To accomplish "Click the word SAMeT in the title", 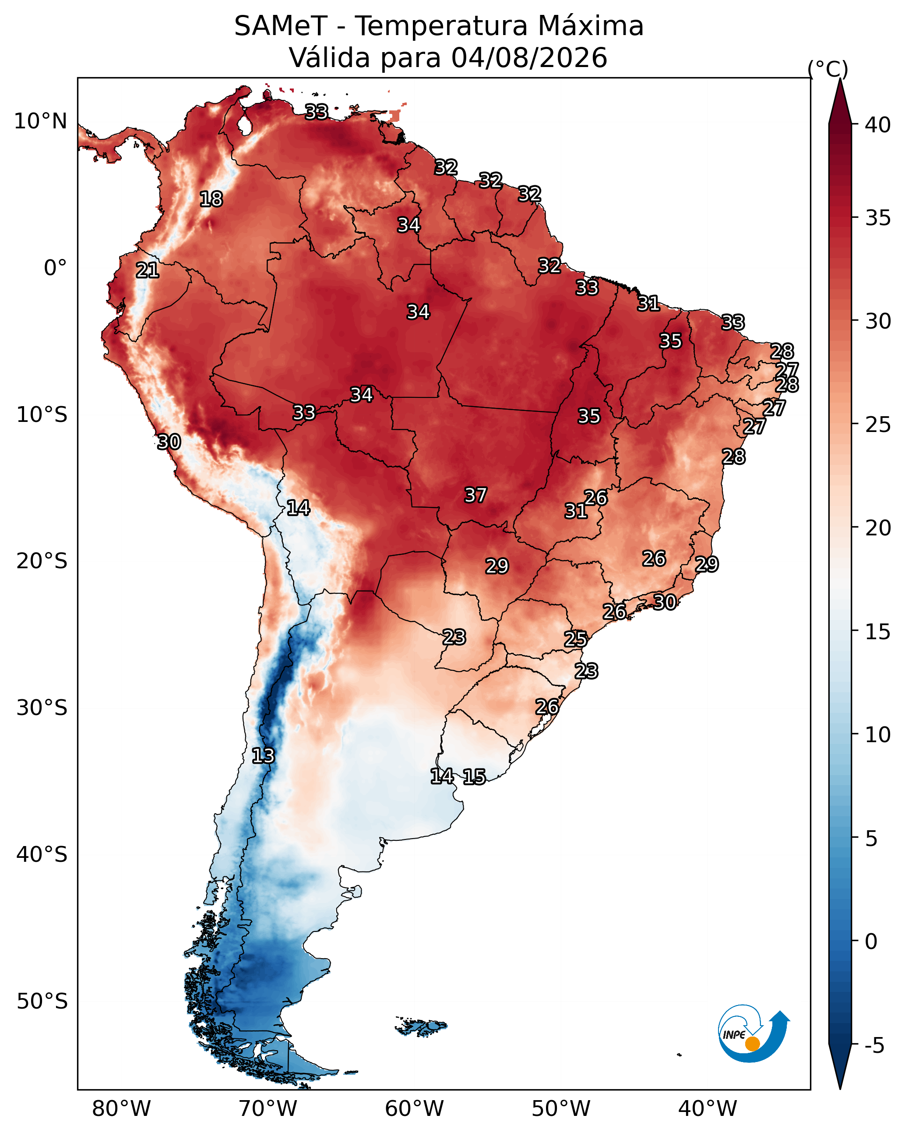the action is coord(281,26).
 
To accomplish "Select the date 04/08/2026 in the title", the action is coord(529,58).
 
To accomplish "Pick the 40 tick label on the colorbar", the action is coord(878,125).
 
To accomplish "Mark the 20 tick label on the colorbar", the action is coord(878,528).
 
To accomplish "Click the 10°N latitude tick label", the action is coord(40,121).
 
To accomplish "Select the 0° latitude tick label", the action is coord(56,268).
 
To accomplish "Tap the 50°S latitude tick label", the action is coord(42,1002).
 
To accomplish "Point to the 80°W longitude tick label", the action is coord(121,1109).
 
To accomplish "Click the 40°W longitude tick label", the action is coord(708,1109).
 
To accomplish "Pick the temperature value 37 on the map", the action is coord(475,495).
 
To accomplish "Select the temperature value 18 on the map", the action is coord(211,199).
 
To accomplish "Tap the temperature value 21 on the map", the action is coord(147,271).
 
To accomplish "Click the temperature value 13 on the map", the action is coord(263,756).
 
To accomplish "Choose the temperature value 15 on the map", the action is coord(474,777).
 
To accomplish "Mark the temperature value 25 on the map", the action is coord(575,639).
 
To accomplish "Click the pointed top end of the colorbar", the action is coord(840,79).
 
